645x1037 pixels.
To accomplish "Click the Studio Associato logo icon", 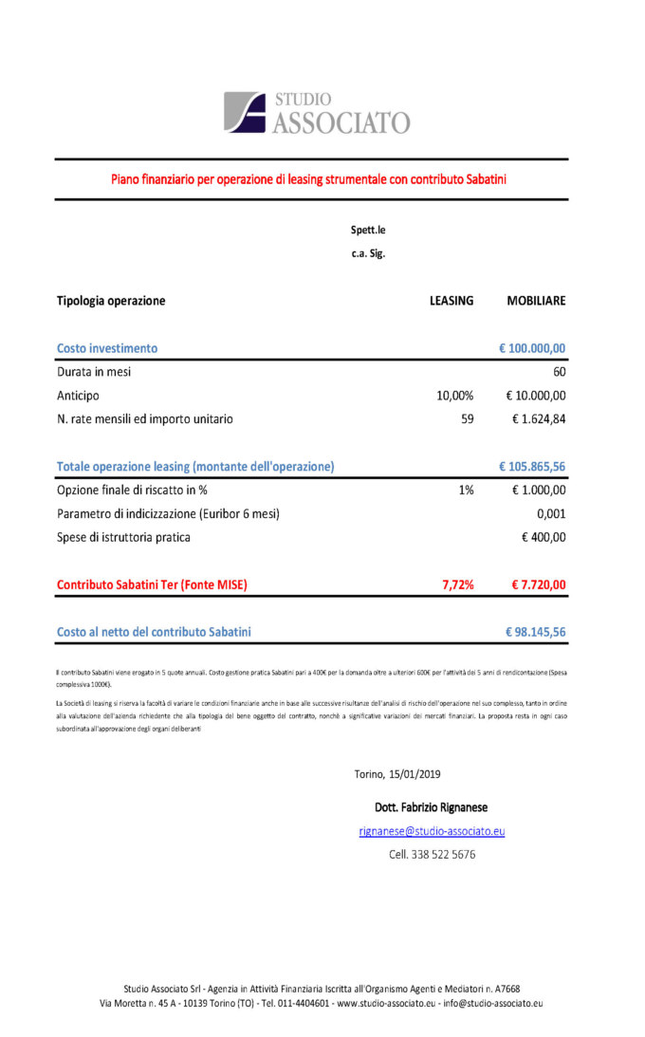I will tap(245, 111).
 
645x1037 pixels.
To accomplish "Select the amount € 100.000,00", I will tap(532, 348).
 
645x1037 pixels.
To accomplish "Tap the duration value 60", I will tap(559, 372).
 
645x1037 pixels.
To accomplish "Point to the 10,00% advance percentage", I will tap(454, 396).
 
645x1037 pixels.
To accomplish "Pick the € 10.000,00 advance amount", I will tap(536, 396).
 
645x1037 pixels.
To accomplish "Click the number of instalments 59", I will tap(467, 418).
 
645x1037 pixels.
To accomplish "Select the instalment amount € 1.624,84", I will tap(540, 418).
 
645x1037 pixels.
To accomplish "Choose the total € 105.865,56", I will tap(532, 467).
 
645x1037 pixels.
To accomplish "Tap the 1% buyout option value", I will tap(466, 491).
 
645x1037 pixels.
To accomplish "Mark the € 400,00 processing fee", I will tap(544, 537).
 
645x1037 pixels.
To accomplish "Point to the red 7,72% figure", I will tap(457, 585).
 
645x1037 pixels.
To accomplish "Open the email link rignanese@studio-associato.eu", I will tap(432, 831).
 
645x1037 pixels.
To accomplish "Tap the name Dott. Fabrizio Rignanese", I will tap(432, 807).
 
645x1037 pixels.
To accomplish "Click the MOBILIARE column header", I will tap(536, 301).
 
